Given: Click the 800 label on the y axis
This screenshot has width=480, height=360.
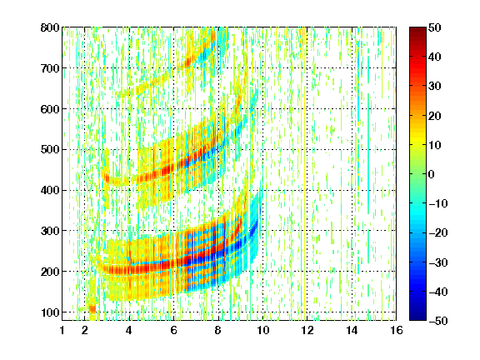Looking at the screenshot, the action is pyautogui.click(x=50, y=27).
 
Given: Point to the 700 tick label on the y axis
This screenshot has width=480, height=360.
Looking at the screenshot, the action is pyautogui.click(x=50, y=68).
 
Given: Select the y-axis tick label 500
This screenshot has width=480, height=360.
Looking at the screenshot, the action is pyautogui.click(x=50, y=150).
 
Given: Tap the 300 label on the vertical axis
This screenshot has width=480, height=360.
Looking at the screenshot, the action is pyautogui.click(x=50, y=231).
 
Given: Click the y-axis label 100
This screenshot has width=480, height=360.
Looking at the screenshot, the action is pyautogui.click(x=50, y=312).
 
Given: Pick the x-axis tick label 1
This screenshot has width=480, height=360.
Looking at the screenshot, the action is pyautogui.click(x=62, y=330).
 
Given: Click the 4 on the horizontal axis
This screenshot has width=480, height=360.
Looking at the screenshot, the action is pyautogui.click(x=129, y=330).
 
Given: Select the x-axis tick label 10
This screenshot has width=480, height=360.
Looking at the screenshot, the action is pyautogui.click(x=263, y=330).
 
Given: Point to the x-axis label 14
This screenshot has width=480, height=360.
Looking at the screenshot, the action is pyautogui.click(x=352, y=330).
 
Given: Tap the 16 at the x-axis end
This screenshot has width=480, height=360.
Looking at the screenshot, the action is pyautogui.click(x=397, y=330).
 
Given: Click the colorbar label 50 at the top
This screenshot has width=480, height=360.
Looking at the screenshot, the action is pyautogui.click(x=435, y=27).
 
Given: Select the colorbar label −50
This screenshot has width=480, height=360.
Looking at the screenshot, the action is pyautogui.click(x=438, y=321).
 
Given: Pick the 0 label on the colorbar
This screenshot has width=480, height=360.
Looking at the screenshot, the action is pyautogui.click(x=432, y=174).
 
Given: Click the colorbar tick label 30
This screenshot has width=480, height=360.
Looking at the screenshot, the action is pyautogui.click(x=435, y=86).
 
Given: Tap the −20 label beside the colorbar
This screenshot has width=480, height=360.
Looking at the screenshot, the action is pyautogui.click(x=438, y=232).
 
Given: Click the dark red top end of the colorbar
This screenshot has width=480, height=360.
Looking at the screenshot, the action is pyautogui.click(x=417, y=29).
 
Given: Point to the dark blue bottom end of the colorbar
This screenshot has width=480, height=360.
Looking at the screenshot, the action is pyautogui.click(x=417, y=318).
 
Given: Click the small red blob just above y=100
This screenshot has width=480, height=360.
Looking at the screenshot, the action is pyautogui.click(x=92, y=308).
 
